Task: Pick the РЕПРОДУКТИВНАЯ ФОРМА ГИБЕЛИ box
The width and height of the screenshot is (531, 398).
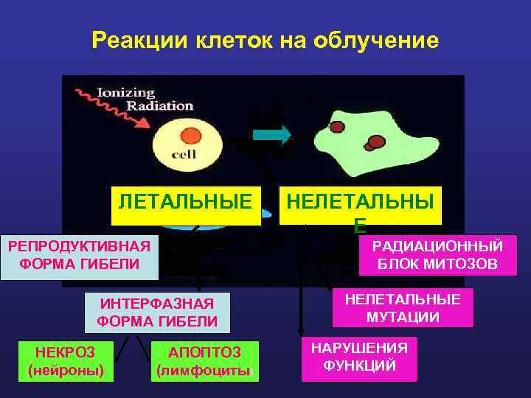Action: pyautogui.click(x=80, y=254)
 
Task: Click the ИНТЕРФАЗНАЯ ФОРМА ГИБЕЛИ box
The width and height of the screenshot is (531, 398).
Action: pyautogui.click(x=157, y=313)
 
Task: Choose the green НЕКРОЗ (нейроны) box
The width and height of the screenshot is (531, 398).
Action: pyautogui.click(x=66, y=361)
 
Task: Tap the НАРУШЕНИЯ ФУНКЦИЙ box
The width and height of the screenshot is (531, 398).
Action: pyautogui.click(x=359, y=357)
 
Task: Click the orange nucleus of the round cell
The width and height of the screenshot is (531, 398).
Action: pyautogui.click(x=191, y=136)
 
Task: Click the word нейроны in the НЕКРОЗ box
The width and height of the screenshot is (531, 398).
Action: pyautogui.click(x=66, y=371)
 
